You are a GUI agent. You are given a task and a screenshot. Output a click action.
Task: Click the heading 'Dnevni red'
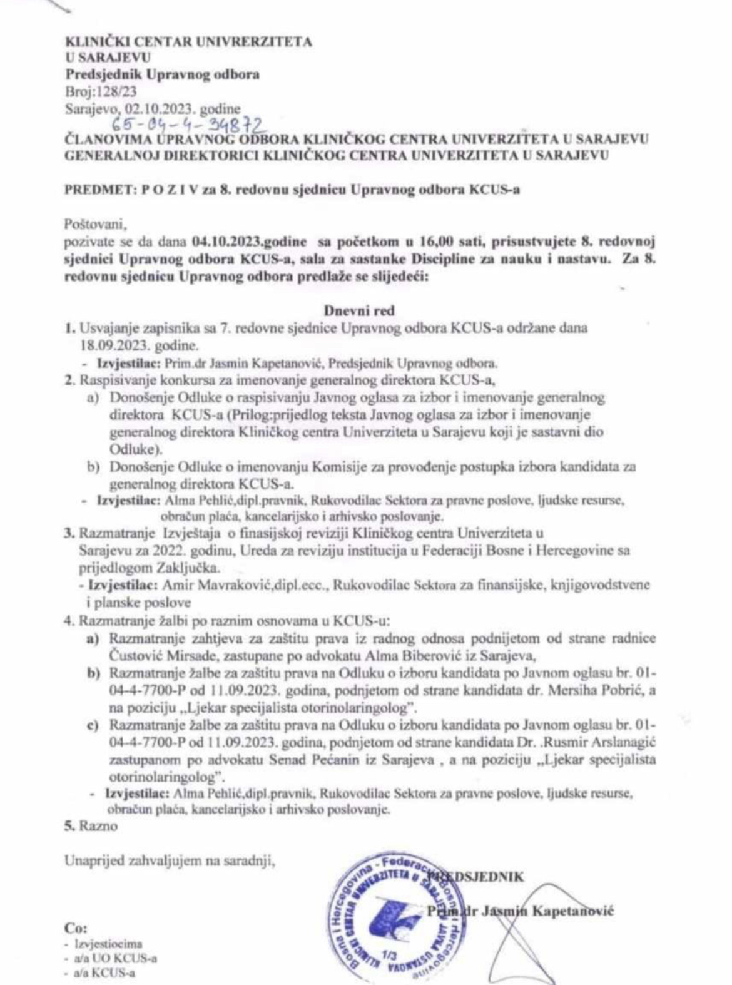click(x=359, y=310)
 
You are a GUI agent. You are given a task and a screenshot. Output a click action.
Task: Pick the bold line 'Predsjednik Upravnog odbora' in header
click(x=163, y=74)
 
